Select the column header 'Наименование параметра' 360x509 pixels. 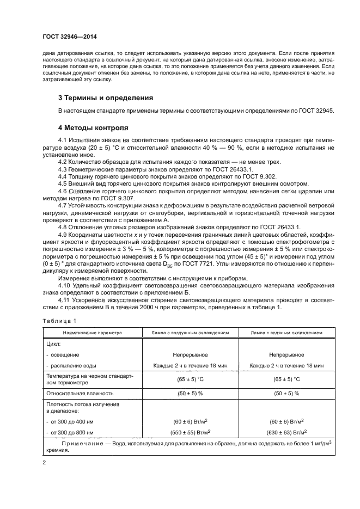[x=92, y=332]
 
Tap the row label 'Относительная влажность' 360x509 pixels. [x=80, y=393]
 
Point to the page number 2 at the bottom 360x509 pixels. [x=44, y=462]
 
